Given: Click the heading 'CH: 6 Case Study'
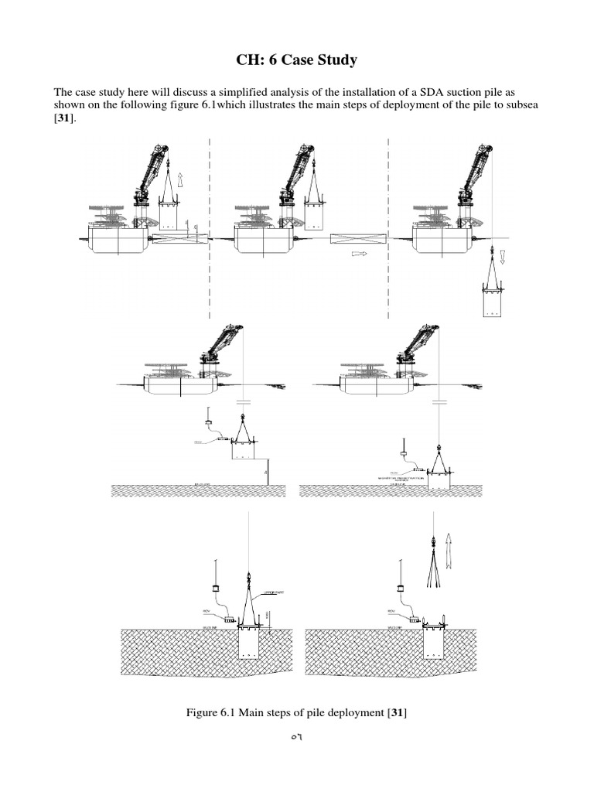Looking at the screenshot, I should click(297, 61).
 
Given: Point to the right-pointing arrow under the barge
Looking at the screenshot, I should click(359, 253).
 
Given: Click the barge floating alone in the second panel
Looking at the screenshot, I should click(352, 238).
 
